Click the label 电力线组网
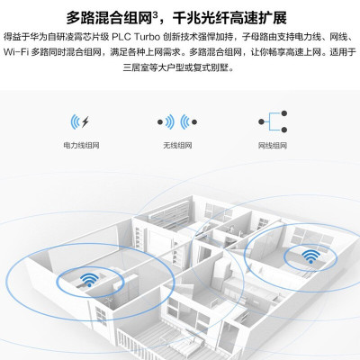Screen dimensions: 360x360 (81, 146)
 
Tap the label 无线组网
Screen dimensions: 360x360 (177, 146)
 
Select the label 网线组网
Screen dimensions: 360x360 (273, 146)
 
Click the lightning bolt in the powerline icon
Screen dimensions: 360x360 (85, 121)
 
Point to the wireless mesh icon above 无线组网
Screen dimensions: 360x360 (177, 121)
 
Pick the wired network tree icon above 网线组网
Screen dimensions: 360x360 (273, 121)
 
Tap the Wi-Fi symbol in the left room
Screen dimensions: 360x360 (89, 280)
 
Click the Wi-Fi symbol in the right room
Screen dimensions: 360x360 (310, 256)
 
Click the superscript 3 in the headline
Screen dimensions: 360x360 (155, 13)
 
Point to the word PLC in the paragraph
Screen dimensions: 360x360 (121, 37)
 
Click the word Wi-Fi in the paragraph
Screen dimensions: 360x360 (16, 52)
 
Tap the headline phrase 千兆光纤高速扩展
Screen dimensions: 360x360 (229, 18)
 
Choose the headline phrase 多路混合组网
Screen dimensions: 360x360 (109, 18)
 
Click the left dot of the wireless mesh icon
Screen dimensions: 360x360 (160, 122)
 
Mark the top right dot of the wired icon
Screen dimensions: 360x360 (284, 113)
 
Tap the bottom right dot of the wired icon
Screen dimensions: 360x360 (284, 130)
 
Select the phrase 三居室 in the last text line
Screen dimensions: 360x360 (134, 67)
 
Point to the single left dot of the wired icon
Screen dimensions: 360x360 (262, 121)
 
